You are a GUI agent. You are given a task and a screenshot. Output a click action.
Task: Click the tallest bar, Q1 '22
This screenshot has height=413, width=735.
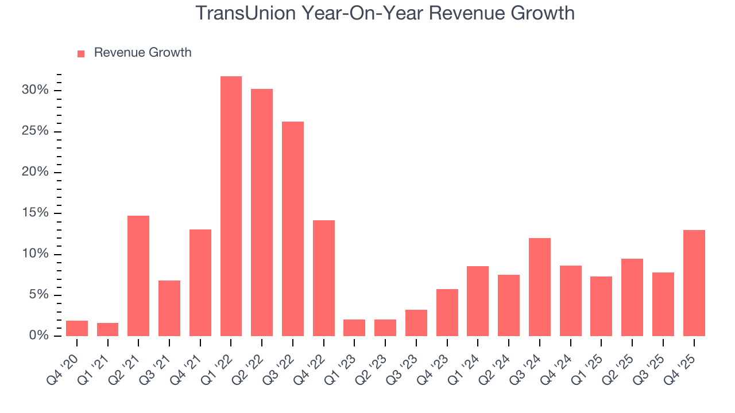231,206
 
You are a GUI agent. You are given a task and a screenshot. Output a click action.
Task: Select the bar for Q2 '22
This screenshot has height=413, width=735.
262,212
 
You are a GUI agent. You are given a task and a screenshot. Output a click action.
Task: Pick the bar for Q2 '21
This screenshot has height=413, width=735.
138,275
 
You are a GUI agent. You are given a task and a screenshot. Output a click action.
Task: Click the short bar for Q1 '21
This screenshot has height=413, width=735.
107,329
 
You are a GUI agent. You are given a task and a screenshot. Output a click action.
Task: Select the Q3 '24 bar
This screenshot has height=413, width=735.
540,287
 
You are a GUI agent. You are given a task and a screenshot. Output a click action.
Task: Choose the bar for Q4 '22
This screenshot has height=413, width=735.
324,278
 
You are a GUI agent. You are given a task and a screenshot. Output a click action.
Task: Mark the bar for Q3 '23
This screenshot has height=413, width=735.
416,322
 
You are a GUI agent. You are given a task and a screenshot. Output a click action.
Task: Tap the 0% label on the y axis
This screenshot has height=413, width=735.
39,336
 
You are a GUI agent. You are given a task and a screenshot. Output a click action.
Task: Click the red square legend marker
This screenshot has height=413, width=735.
81,53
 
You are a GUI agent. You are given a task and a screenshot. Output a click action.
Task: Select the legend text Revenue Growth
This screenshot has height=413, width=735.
142,53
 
